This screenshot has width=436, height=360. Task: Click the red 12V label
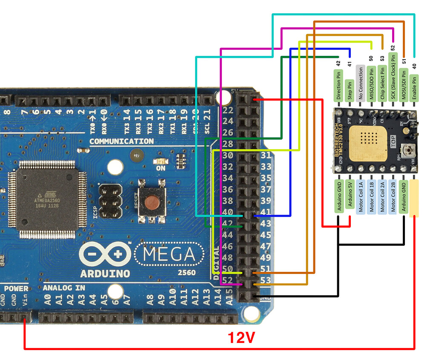click(241, 338)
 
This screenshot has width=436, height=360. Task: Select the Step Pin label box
click(349, 90)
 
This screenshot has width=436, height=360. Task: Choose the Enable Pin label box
click(414, 87)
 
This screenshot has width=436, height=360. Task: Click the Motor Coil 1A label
click(360, 196)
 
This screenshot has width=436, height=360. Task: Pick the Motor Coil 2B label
click(393, 196)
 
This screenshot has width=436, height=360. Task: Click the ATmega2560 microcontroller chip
click(47, 199)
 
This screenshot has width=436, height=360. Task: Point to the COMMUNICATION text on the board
click(121, 141)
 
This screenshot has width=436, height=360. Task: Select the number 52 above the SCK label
click(393, 49)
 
